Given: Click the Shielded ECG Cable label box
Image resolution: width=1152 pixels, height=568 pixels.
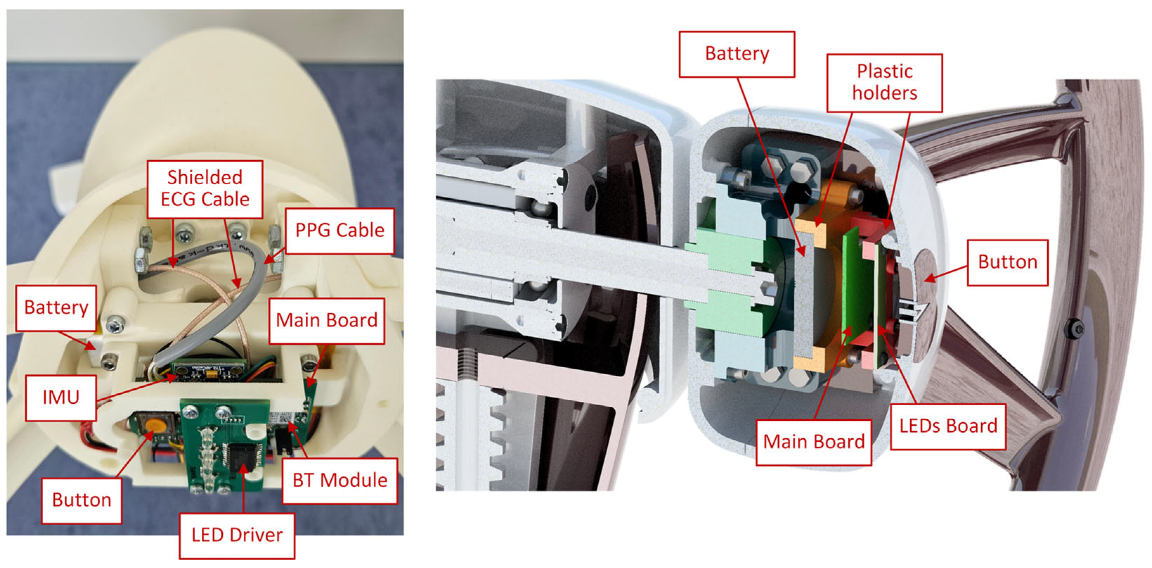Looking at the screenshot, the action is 205,189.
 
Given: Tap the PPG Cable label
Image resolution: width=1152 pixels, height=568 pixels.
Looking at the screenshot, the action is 339,231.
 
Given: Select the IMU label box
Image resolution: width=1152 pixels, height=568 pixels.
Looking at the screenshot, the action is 61,398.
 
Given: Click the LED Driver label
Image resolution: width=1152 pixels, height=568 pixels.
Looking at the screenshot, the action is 237,535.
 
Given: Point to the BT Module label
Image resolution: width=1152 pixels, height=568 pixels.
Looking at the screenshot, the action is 340,481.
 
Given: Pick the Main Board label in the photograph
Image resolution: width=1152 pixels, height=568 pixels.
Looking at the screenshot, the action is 326,321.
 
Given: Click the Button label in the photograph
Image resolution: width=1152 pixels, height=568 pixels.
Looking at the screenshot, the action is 82,501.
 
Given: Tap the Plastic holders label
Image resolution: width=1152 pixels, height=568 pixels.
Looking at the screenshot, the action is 884,83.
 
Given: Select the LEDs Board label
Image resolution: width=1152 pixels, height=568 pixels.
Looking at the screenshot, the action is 948,426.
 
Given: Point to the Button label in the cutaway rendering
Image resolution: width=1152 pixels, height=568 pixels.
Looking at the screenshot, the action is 1008,263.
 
